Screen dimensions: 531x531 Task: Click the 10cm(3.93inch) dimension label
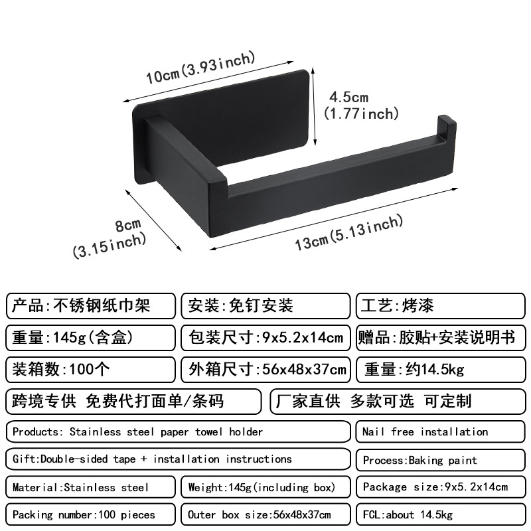[200, 68]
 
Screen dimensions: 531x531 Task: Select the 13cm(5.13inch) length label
[348, 233]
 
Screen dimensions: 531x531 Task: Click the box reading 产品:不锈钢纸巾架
[90, 306]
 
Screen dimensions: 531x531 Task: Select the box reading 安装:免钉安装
[265, 306]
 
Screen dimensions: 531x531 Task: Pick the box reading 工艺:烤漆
[439, 306]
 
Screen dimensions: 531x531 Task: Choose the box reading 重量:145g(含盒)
[90, 337]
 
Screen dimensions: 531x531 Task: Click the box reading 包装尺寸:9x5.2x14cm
[265, 337]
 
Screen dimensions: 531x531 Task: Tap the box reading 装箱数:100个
[90, 368]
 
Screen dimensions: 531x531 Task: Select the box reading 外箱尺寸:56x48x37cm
[265, 368]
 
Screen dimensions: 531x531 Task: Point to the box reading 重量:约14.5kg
[439, 368]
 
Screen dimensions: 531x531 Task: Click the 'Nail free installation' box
[439, 432]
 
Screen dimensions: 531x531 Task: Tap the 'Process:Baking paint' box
[439, 460]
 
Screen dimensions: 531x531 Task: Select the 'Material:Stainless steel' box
[90, 487]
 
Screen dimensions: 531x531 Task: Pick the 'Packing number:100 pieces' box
[90, 515]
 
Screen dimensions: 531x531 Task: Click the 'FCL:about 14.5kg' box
[439, 515]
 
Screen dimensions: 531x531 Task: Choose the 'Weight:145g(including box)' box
[265, 487]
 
